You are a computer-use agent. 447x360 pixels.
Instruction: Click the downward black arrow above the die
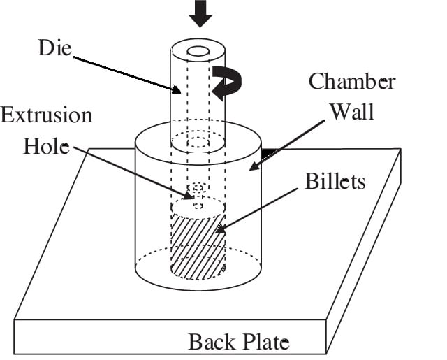pyautogui.click(x=200, y=13)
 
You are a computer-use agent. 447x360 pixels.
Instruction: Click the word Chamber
pyautogui.click(x=352, y=82)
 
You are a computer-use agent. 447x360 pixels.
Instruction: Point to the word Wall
pyautogui.click(x=353, y=110)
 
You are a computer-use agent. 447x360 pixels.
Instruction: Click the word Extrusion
pyautogui.click(x=46, y=115)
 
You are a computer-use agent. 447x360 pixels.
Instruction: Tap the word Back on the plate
pyautogui.click(x=211, y=343)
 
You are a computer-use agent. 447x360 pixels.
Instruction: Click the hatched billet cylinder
pyautogui.click(x=198, y=245)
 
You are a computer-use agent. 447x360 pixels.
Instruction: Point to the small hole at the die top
pyautogui.click(x=198, y=51)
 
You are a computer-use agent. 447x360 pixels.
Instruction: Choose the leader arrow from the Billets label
pyautogui.click(x=258, y=207)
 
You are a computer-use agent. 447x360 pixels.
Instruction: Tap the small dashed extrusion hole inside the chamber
pyautogui.click(x=198, y=188)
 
